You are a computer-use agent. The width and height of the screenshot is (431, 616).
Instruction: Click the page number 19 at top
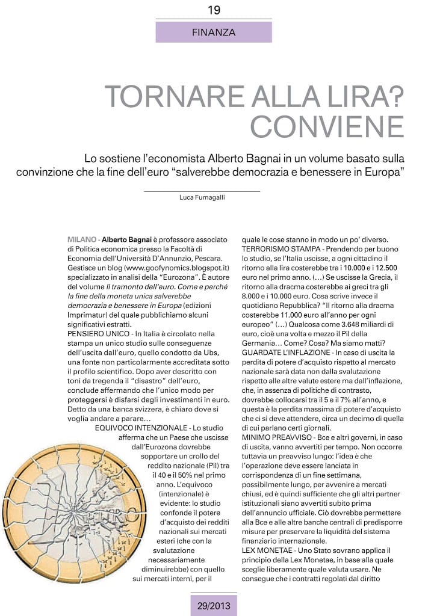214,10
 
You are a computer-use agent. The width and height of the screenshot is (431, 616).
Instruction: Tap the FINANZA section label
214,32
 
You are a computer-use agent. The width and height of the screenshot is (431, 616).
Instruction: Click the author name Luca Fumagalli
202,197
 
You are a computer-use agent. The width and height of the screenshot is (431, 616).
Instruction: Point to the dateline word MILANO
81,239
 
